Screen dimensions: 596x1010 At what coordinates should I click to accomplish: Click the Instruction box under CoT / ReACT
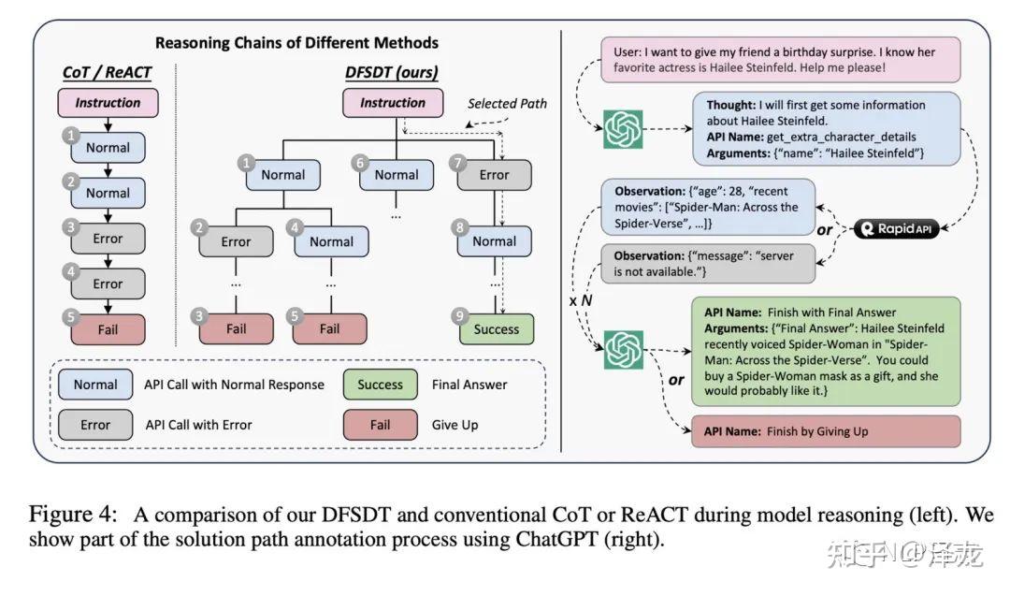[108, 103]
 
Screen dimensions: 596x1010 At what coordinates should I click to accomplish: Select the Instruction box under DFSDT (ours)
[393, 103]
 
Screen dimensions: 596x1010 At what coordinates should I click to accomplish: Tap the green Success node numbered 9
[496, 329]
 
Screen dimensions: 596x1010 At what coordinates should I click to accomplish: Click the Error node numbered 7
[494, 175]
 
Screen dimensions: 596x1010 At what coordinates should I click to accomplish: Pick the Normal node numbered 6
[396, 175]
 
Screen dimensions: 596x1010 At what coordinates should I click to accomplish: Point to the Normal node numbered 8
[494, 241]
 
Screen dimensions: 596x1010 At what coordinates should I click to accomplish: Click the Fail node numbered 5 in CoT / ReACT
[108, 329]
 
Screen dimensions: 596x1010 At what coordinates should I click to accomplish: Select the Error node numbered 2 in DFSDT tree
[236, 241]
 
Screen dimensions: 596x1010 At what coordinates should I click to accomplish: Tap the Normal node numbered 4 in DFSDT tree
[331, 241]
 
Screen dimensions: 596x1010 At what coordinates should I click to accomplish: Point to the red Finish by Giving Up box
[826, 432]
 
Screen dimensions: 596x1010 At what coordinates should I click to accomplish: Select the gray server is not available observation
[707, 263]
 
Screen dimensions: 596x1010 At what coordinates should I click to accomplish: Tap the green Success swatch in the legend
[380, 385]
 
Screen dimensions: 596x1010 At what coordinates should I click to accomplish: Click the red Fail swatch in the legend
[380, 425]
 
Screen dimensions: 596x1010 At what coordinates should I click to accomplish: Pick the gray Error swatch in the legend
[95, 425]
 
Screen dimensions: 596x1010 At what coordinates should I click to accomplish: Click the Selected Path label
[507, 103]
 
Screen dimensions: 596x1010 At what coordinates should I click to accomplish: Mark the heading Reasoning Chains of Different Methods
[296, 43]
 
